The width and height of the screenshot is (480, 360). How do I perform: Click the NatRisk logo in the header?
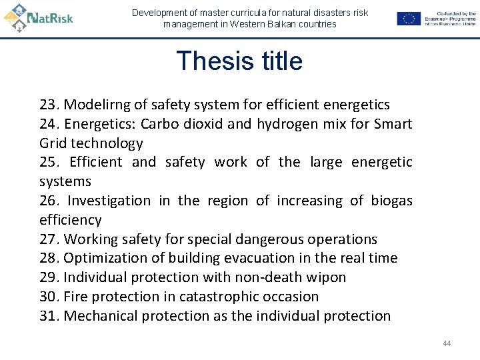pos(38,16)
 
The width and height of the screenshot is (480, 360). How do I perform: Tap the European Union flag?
pos(408,19)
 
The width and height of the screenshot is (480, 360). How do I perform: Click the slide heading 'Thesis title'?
pos(239,61)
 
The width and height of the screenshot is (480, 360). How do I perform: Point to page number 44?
pos(447,343)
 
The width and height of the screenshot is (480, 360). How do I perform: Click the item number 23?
pos(49,105)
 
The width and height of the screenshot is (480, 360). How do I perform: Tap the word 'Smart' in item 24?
pos(393,124)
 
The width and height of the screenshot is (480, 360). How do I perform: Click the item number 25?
pos(49,162)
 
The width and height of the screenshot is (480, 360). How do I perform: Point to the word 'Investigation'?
pos(109,201)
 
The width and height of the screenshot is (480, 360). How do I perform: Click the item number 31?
pos(49,316)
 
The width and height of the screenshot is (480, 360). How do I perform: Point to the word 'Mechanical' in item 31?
pos(102,316)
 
